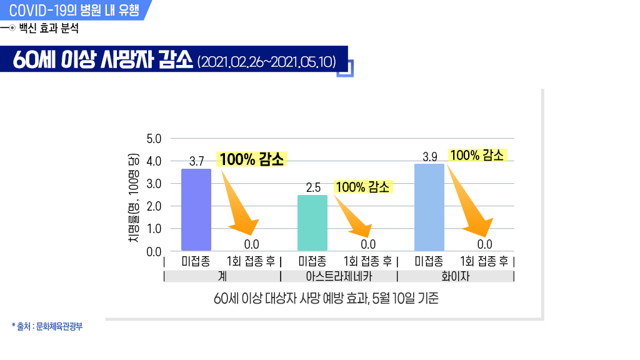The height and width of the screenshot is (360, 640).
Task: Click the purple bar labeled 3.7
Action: [196, 209]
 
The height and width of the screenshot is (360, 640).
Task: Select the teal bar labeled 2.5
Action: [312, 222]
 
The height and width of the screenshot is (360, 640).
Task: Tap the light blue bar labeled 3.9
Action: [429, 207]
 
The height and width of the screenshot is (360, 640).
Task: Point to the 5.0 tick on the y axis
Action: [153, 138]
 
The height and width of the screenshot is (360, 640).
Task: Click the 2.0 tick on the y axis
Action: [153, 206]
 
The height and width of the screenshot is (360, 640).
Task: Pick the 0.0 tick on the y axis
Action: [153, 252]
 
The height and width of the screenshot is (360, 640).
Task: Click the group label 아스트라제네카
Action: [339, 276]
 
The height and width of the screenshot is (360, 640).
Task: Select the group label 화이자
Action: [456, 276]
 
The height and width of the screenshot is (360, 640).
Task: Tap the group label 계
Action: [222, 276]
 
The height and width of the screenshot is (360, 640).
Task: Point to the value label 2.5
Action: [313, 187]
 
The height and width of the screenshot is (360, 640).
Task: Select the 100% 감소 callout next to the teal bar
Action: [362, 186]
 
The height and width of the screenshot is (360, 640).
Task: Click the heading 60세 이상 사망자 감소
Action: [103, 61]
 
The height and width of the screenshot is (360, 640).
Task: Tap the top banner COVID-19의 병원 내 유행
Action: [75, 10]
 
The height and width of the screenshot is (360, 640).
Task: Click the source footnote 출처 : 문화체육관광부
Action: [47, 326]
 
